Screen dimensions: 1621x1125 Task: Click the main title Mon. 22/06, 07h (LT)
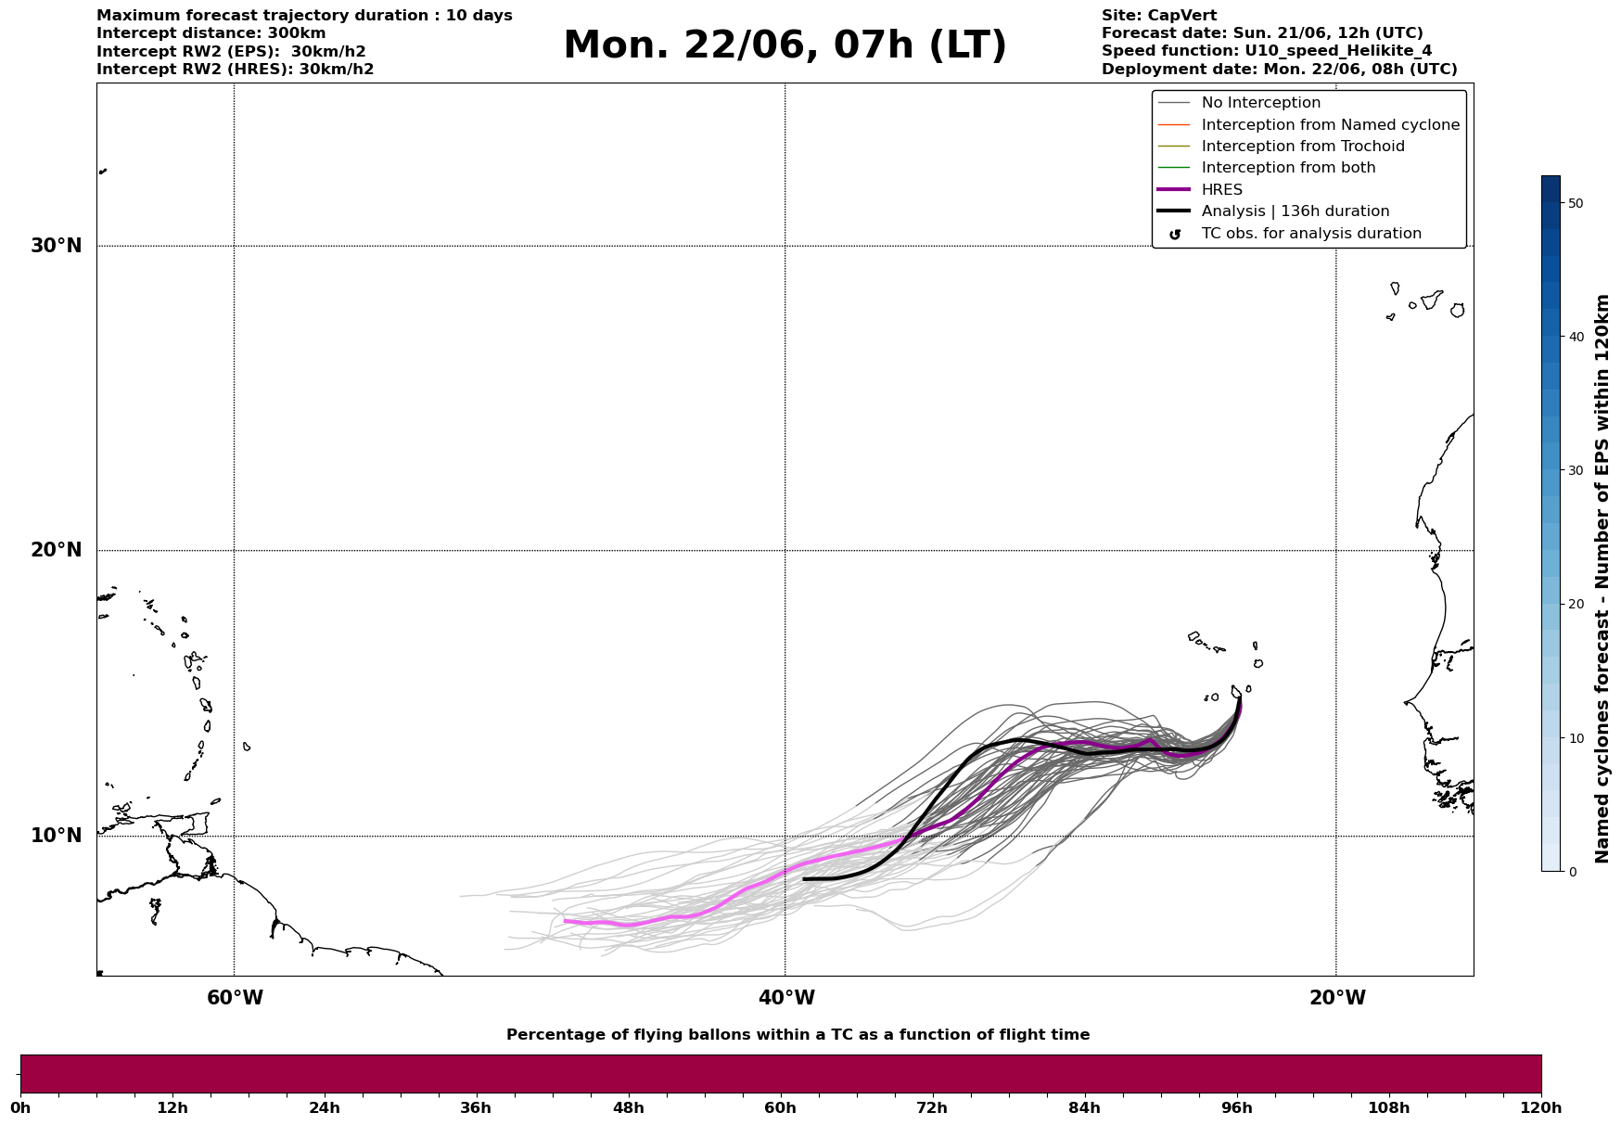785,45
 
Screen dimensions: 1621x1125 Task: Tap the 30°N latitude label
57,246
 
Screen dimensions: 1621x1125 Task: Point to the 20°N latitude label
57,550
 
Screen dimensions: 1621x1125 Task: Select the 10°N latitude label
57,836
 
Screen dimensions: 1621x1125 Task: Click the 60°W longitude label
235,998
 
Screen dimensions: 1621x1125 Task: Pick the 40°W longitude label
786,998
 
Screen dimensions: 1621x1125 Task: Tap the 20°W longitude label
1337,998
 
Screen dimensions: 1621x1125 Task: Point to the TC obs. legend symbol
1175,235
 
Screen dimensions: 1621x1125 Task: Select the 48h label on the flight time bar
628,1108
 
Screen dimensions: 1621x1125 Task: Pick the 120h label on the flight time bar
1541,1108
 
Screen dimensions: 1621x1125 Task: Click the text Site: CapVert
1159,16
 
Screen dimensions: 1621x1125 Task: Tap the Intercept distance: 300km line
211,33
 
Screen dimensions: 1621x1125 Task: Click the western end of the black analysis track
804,878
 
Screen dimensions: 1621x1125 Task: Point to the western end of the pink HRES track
565,921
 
